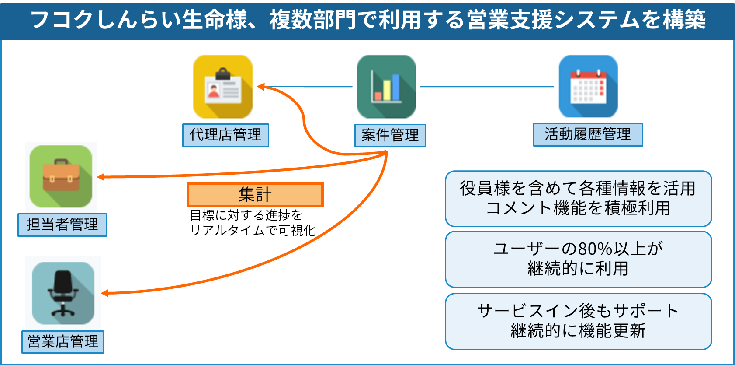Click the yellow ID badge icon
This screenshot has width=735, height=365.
point(222,86)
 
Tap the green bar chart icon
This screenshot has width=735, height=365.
point(386,86)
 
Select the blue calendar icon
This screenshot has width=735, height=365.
point(588,86)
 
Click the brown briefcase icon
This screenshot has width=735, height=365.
point(61,177)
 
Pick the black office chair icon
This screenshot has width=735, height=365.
point(63,293)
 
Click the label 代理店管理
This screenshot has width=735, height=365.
point(225,135)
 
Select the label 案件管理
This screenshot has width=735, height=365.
point(390,136)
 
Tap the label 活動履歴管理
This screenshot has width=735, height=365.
point(588,134)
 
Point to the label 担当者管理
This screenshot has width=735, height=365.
point(62,225)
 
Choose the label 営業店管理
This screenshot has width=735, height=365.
point(63,342)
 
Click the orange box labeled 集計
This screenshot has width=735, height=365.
point(255,195)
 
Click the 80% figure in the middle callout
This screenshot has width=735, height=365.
point(595,249)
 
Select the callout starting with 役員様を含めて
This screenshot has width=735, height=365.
point(578,199)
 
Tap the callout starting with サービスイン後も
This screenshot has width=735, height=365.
point(578,321)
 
